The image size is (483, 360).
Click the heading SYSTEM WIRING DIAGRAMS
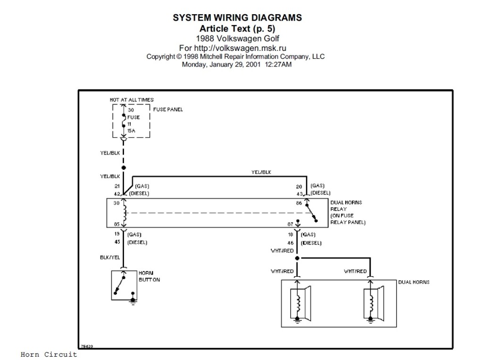point(237,18)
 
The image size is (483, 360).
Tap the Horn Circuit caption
point(49,354)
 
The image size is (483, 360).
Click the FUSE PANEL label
point(168,109)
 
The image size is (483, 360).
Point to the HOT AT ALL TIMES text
point(132,100)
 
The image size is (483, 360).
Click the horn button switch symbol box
point(124,285)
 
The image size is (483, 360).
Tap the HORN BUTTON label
point(149,277)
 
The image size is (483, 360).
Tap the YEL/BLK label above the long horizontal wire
point(261,172)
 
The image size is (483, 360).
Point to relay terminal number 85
point(116,225)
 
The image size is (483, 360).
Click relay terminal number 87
point(291,225)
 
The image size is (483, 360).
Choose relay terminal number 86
point(299,203)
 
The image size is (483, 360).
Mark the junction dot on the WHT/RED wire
point(297,258)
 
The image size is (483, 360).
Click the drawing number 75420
point(87,346)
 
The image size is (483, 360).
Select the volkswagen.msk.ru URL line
point(233,48)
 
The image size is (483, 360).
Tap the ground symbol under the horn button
point(133,301)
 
